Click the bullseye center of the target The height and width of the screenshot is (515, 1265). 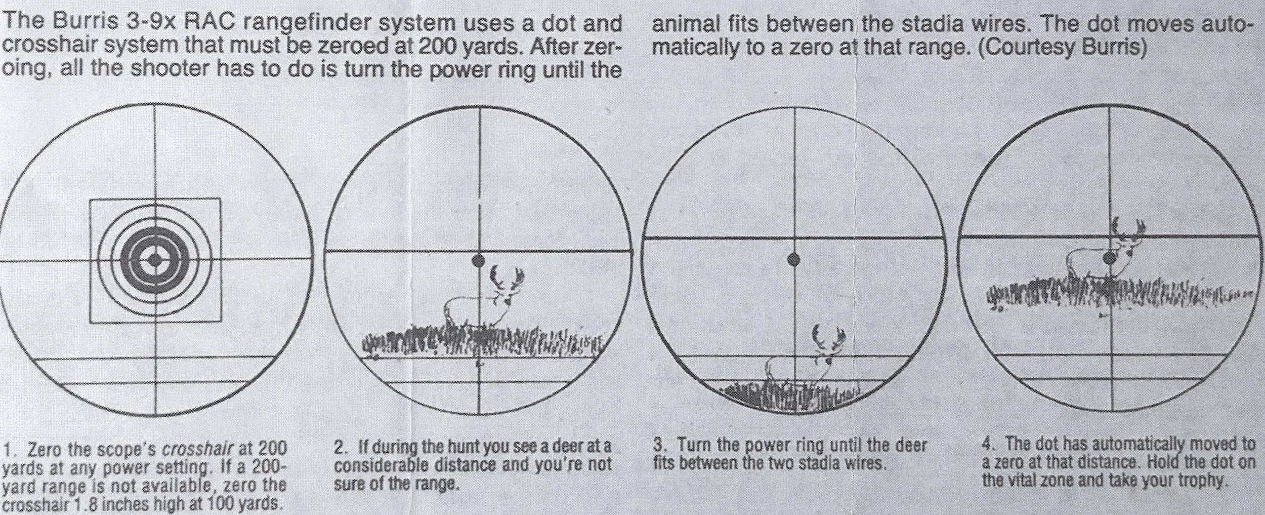tap(155, 259)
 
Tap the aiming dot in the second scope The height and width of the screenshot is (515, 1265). tap(478, 261)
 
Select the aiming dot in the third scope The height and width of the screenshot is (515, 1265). tap(794, 260)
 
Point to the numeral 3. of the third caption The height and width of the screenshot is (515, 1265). tap(659, 446)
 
